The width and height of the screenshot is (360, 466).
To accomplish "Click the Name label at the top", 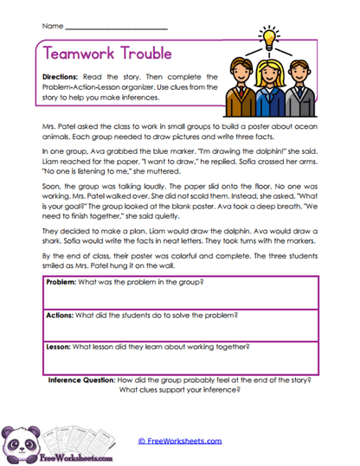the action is click(x=52, y=28).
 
